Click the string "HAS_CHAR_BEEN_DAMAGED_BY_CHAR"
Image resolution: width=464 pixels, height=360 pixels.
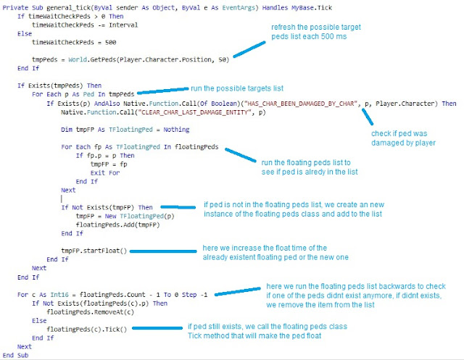coord(297,104)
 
